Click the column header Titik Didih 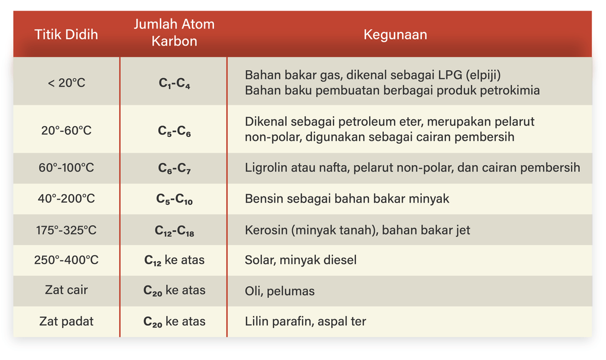tap(66, 34)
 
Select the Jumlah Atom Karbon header tap(174, 33)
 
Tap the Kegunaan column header tap(395, 34)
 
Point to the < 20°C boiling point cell tap(66, 83)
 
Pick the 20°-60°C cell tap(66, 130)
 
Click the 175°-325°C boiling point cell tap(66, 230)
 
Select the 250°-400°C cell tap(66, 259)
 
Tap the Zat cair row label tap(66, 290)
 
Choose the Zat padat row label tap(66, 321)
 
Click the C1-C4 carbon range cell tap(174, 83)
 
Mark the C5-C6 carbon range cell tap(174, 131)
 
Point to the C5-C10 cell tap(174, 199)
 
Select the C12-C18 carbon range tap(174, 230)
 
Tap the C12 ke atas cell tap(174, 260)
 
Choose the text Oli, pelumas tap(280, 291)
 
